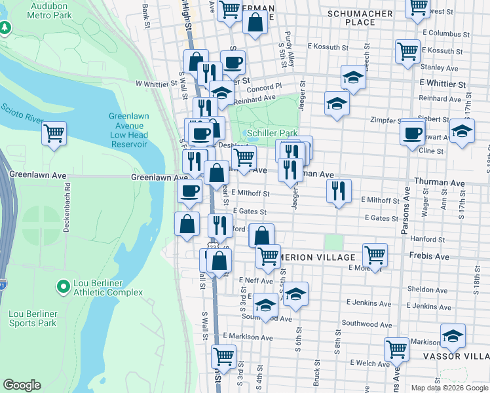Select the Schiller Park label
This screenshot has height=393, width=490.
(x=273, y=133)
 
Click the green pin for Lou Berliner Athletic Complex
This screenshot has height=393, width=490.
(x=63, y=286)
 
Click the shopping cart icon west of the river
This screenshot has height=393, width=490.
(x=54, y=134)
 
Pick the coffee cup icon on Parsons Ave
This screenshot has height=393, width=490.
(x=413, y=133)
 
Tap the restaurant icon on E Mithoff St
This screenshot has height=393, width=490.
(x=339, y=191)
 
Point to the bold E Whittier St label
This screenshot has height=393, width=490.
(x=442, y=84)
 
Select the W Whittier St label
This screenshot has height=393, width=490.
(x=157, y=84)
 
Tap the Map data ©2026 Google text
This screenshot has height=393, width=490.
(x=449, y=388)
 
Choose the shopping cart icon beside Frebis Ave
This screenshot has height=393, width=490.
(x=375, y=255)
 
